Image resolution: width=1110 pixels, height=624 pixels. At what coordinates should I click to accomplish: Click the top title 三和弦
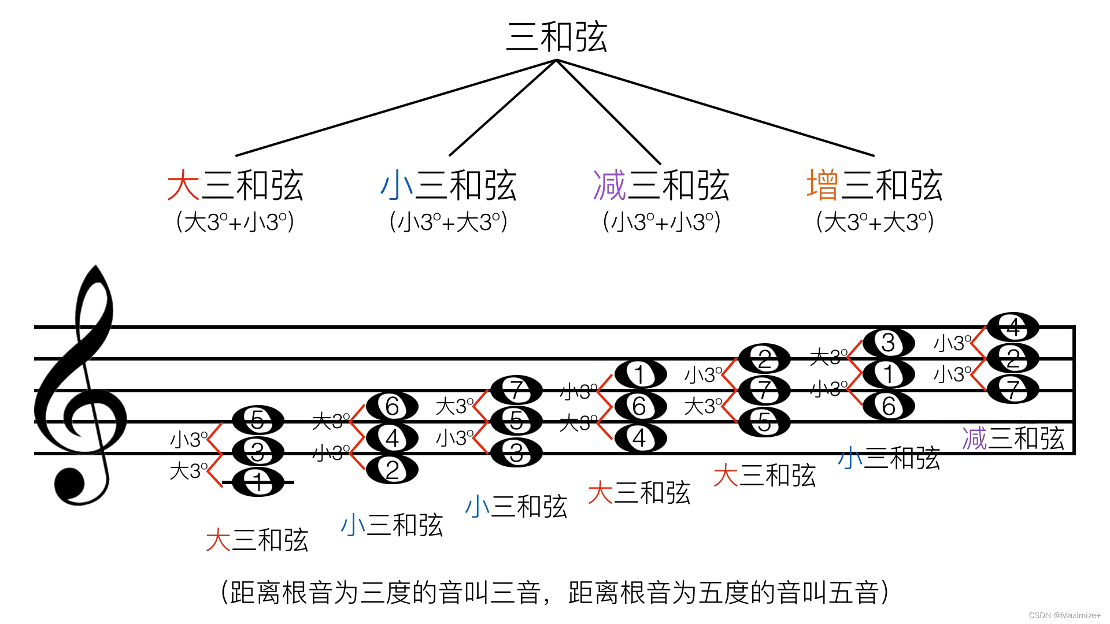coord(556,37)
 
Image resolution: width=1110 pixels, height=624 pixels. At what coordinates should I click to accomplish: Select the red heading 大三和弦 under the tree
coord(235,185)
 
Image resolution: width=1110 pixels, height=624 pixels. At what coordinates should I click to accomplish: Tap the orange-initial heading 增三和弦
coord(874,185)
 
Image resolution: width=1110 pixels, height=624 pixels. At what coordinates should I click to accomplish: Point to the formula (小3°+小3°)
coord(661,222)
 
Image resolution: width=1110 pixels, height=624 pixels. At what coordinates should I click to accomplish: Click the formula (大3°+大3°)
coord(875,222)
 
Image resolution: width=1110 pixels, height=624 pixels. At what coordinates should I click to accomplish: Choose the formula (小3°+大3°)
coord(449,222)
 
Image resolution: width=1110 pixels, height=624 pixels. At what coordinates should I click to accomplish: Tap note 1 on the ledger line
coord(258,482)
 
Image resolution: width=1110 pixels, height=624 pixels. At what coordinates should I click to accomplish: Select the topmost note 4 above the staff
coord(1013,328)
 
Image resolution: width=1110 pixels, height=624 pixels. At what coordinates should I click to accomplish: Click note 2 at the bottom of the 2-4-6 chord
coord(392,470)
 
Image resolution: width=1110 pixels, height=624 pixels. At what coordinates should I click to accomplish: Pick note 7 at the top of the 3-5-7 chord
coord(516,390)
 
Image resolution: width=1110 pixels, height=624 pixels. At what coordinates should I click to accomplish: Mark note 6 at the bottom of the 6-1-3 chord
coord(889,406)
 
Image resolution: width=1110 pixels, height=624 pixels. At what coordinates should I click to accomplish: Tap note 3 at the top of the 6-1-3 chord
coord(889,343)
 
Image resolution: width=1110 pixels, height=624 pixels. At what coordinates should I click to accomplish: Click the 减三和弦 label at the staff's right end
coord(1013,439)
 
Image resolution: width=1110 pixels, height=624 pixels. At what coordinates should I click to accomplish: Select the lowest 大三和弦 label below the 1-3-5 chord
coord(257,540)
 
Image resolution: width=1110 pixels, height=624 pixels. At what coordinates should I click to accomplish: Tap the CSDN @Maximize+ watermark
coord(1065,615)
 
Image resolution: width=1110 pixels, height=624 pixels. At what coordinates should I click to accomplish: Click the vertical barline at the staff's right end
coord(1074,390)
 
